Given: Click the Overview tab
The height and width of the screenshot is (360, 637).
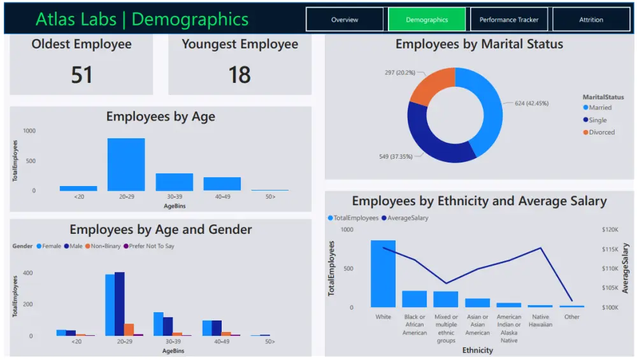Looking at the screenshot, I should pos(345,20).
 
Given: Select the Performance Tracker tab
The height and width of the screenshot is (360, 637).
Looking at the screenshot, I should pos(509,20).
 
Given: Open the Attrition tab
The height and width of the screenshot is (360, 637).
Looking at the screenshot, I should pos(590,20).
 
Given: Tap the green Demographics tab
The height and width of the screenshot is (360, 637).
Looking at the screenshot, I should pos(427,20).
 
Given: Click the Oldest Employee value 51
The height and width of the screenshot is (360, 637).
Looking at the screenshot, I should pos(82,75).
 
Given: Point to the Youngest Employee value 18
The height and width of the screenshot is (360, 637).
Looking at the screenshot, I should pos(240,75).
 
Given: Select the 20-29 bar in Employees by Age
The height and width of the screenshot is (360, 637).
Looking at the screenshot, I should pos(125,164).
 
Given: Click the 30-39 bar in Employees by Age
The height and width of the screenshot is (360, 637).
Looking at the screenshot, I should pos(174,182).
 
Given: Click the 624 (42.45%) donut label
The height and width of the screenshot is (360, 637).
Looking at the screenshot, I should pos(531,103).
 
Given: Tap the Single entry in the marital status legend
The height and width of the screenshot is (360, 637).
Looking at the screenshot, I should pos(598,120).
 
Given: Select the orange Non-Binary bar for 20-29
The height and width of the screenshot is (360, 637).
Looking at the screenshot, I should pos(129,329).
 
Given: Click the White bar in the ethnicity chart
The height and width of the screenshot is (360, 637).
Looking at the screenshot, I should pos(383,274).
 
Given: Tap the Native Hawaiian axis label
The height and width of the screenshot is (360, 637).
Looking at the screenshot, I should pos(540,320).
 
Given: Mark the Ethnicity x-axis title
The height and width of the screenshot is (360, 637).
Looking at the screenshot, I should pos(478,350).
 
